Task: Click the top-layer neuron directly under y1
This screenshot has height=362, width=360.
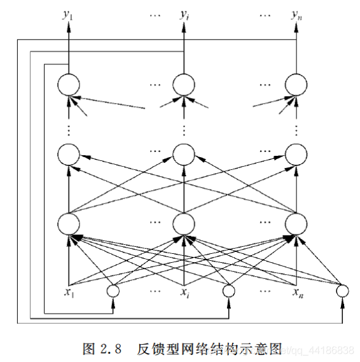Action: pos(68,84)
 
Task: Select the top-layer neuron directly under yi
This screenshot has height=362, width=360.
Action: pos(183,84)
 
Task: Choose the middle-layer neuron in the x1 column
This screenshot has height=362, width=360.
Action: pos(68,153)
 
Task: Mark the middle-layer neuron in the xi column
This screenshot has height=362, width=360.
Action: pos(183,153)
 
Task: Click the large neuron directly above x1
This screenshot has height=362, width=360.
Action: pos(68,223)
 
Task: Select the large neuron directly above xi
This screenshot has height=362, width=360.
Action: pos(183,223)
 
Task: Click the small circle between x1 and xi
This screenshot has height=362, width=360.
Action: pos(113,291)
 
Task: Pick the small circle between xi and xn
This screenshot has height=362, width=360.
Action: pos(228,291)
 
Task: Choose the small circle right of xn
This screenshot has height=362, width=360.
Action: pos(342,291)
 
